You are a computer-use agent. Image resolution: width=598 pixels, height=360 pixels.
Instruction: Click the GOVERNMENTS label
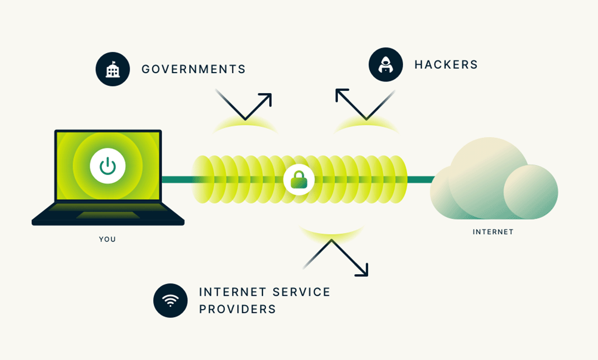click(193, 69)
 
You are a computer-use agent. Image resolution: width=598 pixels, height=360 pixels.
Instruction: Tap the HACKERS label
click(446, 65)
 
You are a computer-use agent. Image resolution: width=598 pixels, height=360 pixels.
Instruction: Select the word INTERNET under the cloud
click(493, 232)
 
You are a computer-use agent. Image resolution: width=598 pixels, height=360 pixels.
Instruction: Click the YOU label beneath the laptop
click(107, 239)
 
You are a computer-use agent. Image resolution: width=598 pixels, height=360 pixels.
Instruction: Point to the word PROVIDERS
click(237, 309)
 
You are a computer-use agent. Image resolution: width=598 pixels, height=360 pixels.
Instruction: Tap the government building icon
click(112, 69)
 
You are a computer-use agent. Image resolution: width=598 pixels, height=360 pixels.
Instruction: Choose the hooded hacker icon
click(385, 65)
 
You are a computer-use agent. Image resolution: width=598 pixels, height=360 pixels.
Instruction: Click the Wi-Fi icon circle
click(170, 301)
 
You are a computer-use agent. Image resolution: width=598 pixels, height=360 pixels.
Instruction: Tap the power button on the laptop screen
click(107, 166)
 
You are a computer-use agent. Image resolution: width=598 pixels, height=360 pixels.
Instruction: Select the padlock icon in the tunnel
click(298, 179)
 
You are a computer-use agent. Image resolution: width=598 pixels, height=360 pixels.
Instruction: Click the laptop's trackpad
click(107, 215)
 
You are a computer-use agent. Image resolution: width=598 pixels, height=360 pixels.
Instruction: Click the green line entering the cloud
click(421, 179)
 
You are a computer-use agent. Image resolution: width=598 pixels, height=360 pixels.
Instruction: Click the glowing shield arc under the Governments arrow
click(245, 126)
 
